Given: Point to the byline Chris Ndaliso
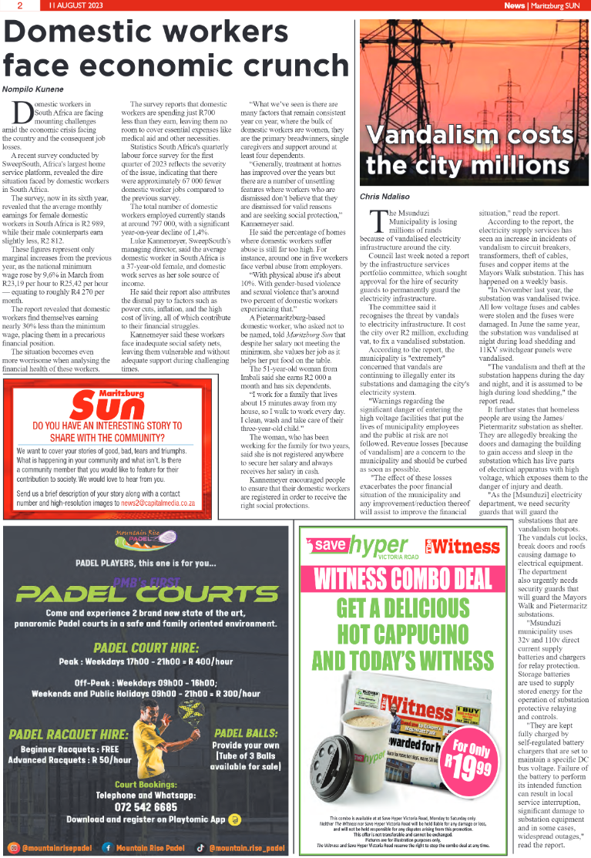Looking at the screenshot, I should point(386,197).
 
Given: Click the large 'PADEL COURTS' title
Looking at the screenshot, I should point(147,594).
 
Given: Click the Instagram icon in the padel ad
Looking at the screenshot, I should point(13,847).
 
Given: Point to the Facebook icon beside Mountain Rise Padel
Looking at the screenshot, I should point(106,847).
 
